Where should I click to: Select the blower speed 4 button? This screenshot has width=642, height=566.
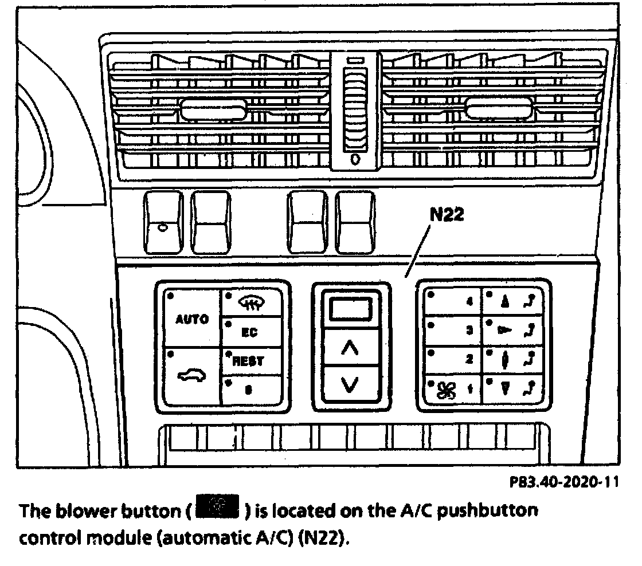(453, 301)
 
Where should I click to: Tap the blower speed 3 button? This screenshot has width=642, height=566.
(453, 331)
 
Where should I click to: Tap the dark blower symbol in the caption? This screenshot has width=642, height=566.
(220, 509)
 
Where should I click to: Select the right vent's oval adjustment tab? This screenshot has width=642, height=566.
(499, 108)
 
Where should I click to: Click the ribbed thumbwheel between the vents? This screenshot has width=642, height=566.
(355, 109)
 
